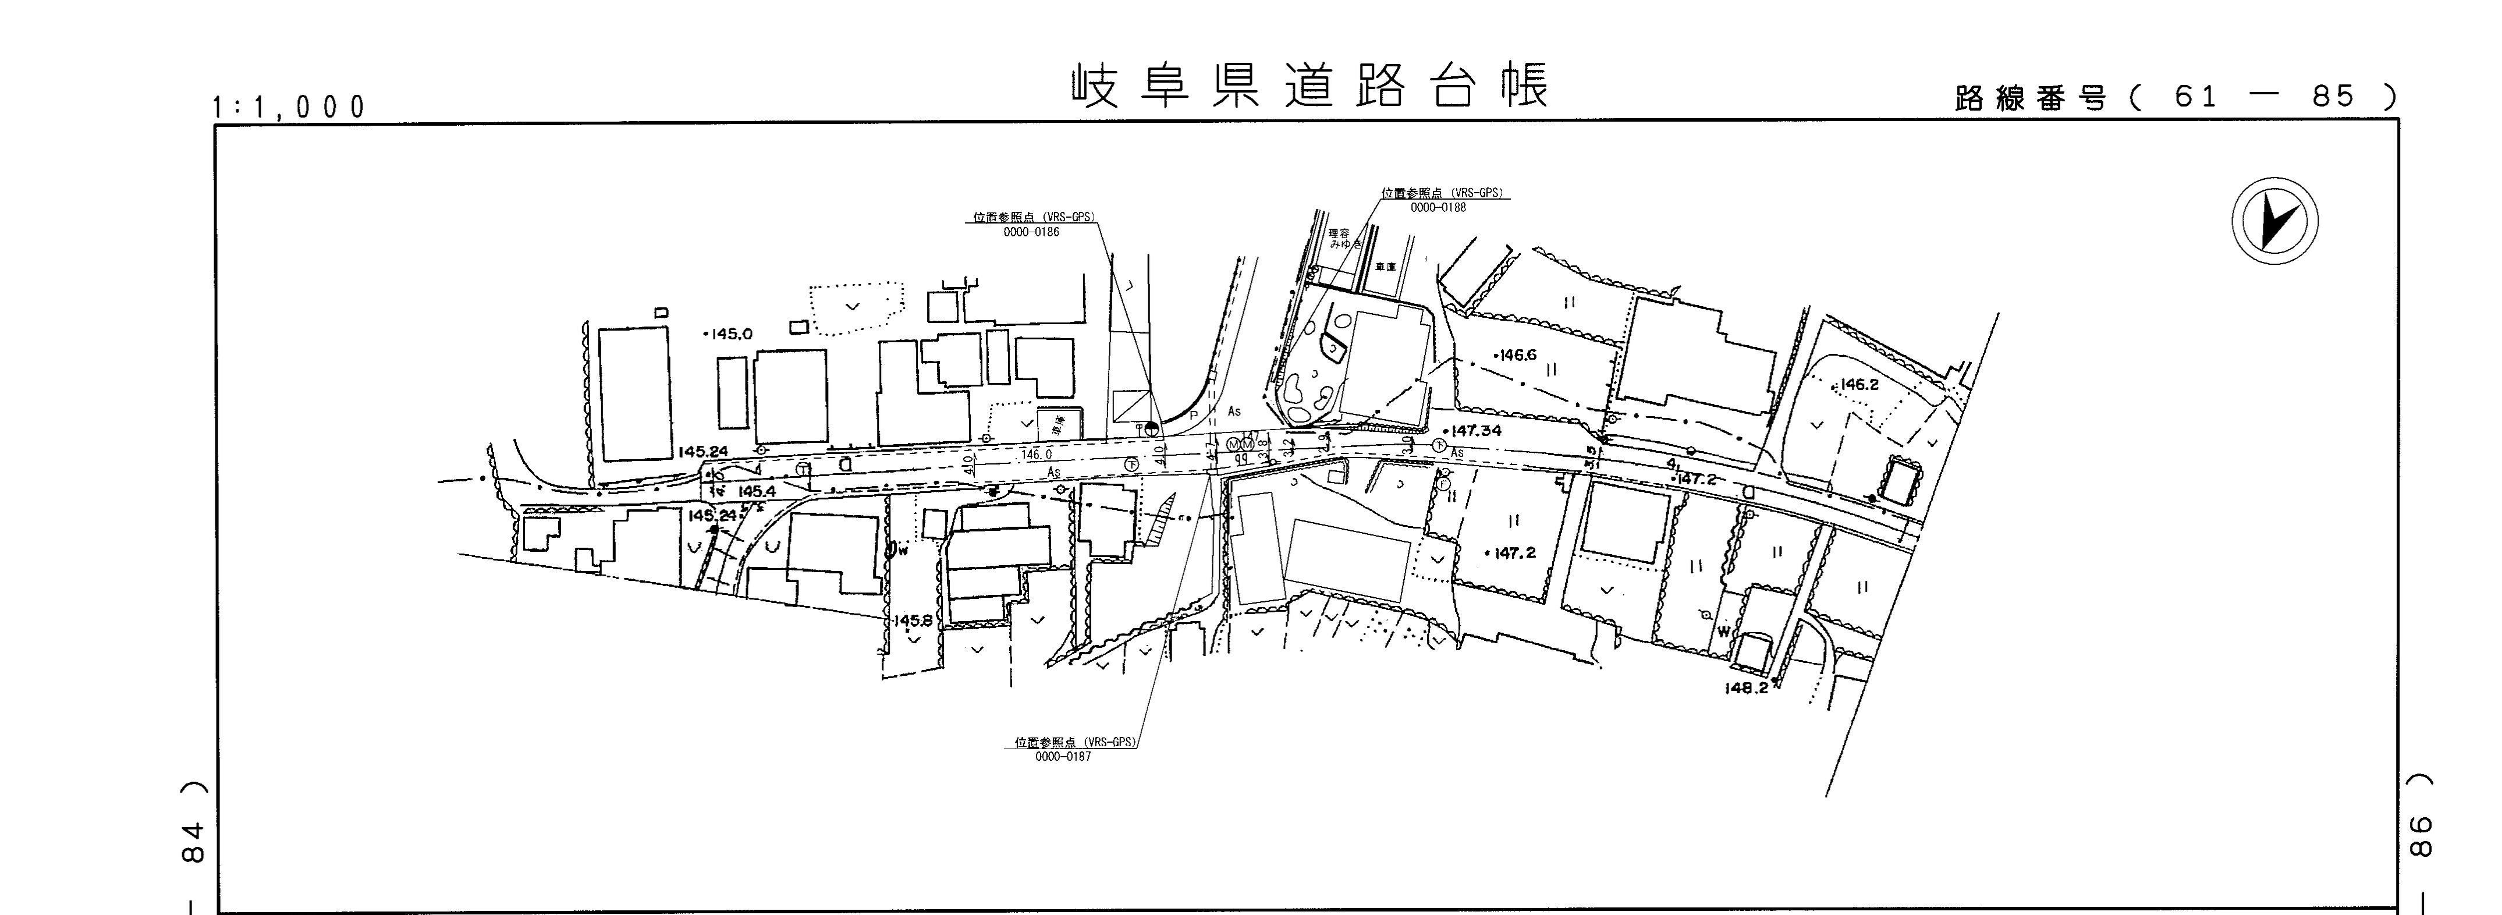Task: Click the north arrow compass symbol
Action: pyautogui.click(x=2274, y=221)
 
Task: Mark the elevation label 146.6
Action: pyautogui.click(x=1517, y=356)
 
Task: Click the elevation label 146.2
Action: pyautogui.click(x=1858, y=385)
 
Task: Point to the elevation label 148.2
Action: pyautogui.click(x=1747, y=688)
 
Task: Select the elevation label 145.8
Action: pyautogui.click(x=913, y=620)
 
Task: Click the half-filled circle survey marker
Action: pyautogui.click(x=1151, y=427)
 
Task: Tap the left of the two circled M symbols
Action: pyautogui.click(x=1233, y=445)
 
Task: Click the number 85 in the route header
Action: pyautogui.click(x=2333, y=96)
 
